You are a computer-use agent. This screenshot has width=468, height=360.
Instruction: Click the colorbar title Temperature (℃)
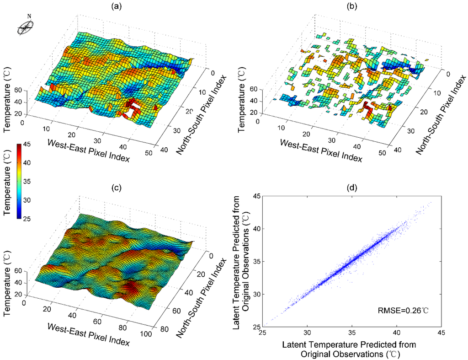[x=8, y=182]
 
